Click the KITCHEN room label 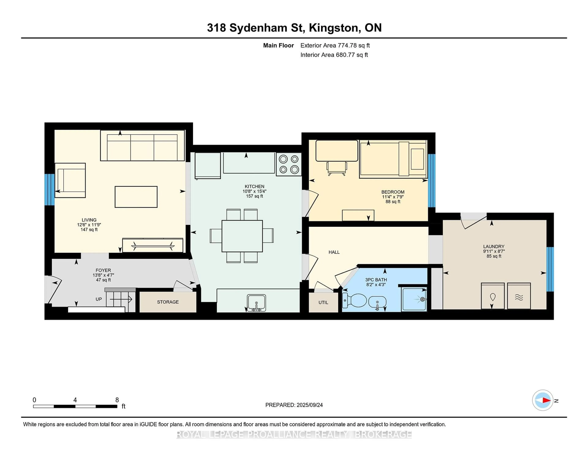(x=254, y=186)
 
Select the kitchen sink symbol (x=256, y=303)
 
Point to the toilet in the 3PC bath (x=354, y=300)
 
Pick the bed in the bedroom (x=393, y=159)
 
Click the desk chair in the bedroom (x=337, y=168)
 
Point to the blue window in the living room (x=50, y=190)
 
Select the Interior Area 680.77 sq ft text (x=334, y=55)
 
